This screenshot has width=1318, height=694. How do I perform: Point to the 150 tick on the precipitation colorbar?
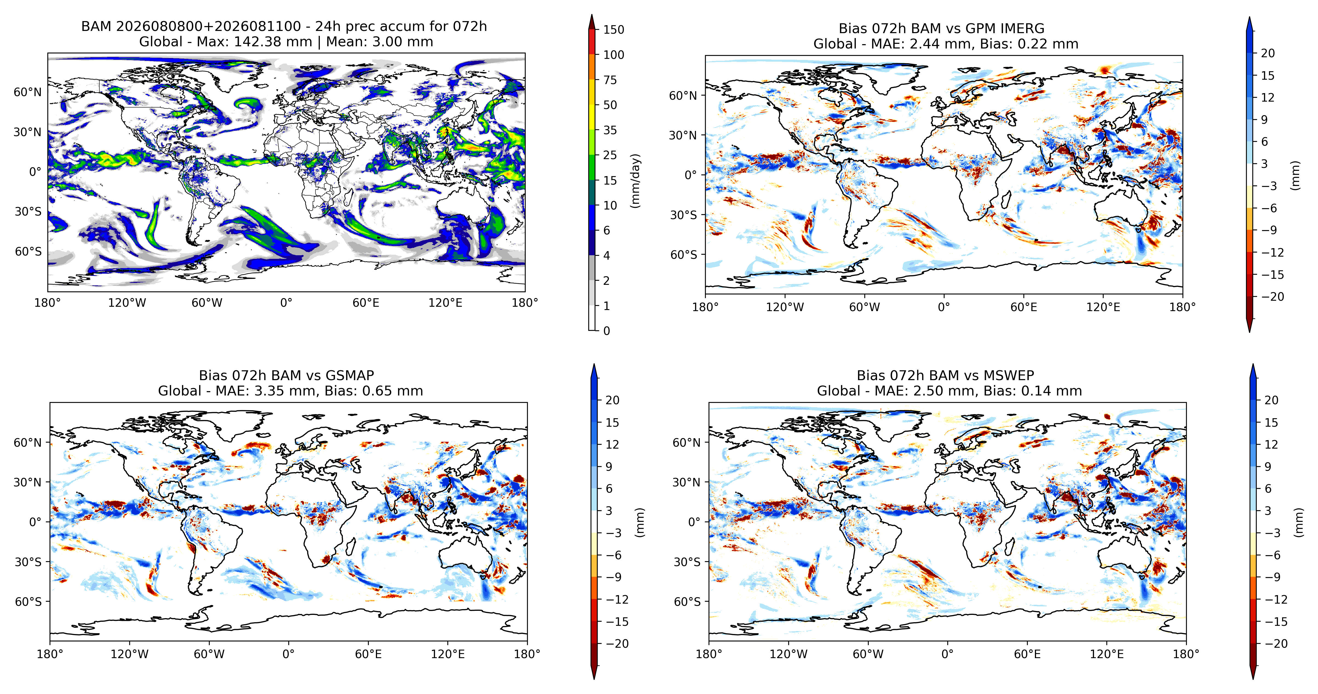[x=614, y=30]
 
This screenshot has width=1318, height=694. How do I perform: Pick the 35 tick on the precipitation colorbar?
[x=610, y=130]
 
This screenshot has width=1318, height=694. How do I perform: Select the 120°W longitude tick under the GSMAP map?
[x=130, y=654]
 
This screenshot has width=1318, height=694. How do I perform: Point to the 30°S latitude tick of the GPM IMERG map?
[x=684, y=215]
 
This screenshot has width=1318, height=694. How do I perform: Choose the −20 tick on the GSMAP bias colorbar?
[x=617, y=643]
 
